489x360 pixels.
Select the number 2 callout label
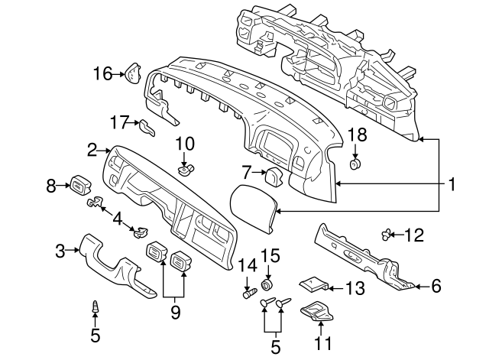[x=92, y=150]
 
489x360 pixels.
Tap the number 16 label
[x=102, y=73]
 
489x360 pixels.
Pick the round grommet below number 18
[x=355, y=164]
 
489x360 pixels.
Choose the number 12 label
[x=413, y=235]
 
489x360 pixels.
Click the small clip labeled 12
[x=387, y=234]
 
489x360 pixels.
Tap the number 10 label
[x=186, y=143]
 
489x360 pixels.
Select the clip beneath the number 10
[x=184, y=168]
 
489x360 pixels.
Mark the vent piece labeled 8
[x=80, y=184]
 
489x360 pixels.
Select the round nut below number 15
[x=268, y=286]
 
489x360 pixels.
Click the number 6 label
[x=436, y=286]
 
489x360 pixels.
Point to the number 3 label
[x=60, y=248]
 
